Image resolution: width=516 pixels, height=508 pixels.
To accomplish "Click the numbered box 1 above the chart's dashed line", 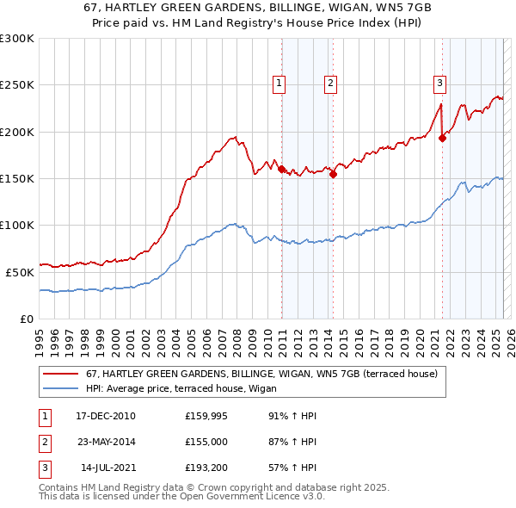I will (x=279, y=84).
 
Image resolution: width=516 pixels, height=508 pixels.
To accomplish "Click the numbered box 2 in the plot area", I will (x=330, y=84).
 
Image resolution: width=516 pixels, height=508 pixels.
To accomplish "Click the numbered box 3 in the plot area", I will (x=439, y=84).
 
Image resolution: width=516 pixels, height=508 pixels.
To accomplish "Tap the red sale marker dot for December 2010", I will (x=281, y=169).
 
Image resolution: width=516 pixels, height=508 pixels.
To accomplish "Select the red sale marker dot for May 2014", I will (x=333, y=174).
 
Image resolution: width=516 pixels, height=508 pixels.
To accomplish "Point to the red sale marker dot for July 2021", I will (x=442, y=138).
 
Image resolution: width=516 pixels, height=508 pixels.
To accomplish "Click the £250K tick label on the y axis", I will (x=17, y=85).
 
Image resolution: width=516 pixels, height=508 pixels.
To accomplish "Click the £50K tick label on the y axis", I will (x=20, y=272).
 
